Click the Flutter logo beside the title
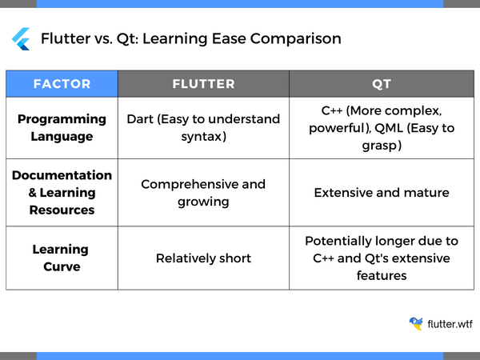21,38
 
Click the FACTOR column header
62,83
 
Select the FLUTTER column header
203,83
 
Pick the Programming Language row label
62,127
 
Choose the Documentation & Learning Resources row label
62,192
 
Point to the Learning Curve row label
62,258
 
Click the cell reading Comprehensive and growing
203,192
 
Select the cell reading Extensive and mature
382,192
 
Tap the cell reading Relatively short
203,258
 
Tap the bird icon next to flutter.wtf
416,323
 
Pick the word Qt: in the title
130,38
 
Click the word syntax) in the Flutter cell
203,136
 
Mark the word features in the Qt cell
382,275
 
